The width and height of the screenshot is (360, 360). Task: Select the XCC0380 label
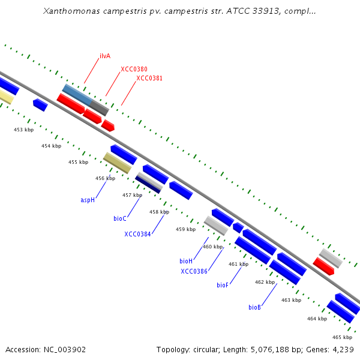tap(134, 69)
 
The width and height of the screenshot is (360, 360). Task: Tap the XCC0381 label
tap(149, 78)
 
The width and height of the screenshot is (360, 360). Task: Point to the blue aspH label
tap(88, 200)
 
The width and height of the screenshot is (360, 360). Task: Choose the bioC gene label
tap(120, 218)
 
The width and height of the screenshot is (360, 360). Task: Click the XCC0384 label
tap(137, 234)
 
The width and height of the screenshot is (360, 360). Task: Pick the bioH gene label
tap(186, 261)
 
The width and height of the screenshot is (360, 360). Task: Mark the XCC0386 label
tap(194, 271)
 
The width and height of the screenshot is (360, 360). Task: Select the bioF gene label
tap(223, 285)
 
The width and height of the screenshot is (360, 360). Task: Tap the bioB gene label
tap(254, 307)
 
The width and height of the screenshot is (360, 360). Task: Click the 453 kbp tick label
tap(24, 130)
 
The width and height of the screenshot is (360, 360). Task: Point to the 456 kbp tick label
tap(105, 178)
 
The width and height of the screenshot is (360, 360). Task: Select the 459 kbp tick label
tap(185, 229)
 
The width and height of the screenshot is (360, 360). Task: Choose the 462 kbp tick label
tap(265, 282)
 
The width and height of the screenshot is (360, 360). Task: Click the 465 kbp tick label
tap(342, 337)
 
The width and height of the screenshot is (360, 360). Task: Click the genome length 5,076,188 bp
tap(277, 349)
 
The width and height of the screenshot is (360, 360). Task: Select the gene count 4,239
tap(344, 349)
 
